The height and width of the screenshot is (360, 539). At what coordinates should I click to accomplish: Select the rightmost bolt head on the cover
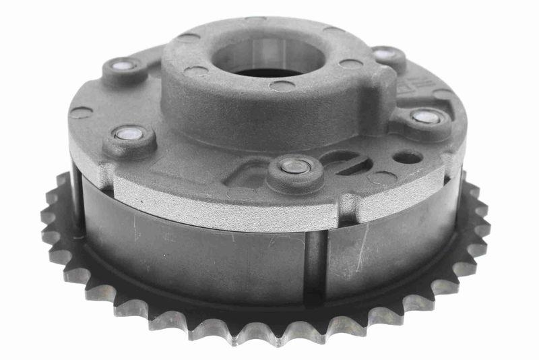(426, 117)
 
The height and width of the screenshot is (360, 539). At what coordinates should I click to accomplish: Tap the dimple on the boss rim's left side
(196, 70)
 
